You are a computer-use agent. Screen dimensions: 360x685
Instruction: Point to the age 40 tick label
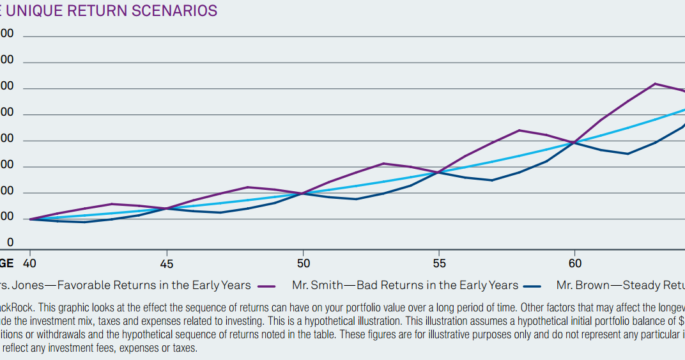(x=29, y=263)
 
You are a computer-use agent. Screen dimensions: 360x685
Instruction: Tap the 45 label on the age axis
(x=166, y=263)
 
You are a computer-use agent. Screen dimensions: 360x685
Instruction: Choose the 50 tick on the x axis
(x=303, y=263)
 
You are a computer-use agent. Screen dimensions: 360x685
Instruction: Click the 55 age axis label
(x=439, y=263)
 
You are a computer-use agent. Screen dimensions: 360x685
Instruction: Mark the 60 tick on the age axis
(x=574, y=263)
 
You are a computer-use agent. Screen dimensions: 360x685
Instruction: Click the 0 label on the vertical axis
(x=10, y=242)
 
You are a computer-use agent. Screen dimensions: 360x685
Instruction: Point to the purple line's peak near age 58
(x=520, y=130)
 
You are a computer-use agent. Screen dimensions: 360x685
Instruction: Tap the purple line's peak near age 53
(x=383, y=164)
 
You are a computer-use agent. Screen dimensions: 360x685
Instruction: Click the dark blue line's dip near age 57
(x=492, y=180)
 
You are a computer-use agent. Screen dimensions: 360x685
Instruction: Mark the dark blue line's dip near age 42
(x=84, y=222)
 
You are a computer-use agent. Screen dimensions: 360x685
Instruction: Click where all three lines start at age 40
(x=30, y=219)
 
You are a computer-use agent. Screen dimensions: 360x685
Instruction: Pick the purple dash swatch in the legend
(x=266, y=286)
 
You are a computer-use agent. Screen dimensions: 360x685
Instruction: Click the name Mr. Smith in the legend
(x=318, y=285)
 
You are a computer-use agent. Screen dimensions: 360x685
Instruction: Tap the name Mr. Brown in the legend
(x=583, y=285)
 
